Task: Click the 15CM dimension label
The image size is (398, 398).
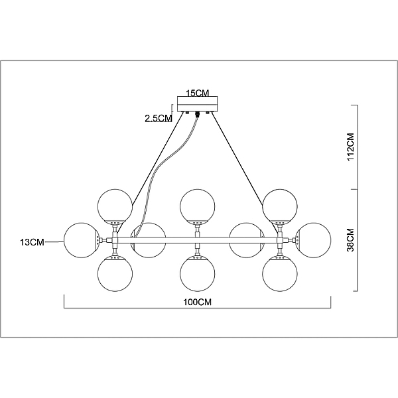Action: tap(198, 93)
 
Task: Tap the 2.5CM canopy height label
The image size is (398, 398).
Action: tap(159, 118)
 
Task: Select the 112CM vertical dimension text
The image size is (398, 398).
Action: tap(350, 147)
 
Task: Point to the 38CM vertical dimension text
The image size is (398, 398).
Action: tap(350, 240)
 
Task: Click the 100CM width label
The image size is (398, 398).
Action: tap(197, 302)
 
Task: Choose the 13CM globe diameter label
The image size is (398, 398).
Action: tap(33, 242)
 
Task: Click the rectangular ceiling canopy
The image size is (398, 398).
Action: tap(198, 103)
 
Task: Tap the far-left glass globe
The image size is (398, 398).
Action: tap(80, 240)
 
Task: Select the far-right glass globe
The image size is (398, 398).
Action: tap(314, 240)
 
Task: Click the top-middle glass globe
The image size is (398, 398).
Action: tap(198, 206)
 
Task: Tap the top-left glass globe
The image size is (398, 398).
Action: tap(115, 206)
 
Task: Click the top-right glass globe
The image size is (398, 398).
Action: tap(280, 206)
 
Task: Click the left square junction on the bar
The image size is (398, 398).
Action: tap(115, 240)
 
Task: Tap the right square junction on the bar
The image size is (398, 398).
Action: tap(280, 240)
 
